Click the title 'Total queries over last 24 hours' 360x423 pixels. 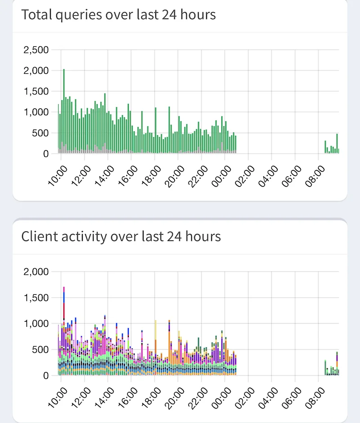point(118,15)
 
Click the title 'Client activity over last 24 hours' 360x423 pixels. point(121,236)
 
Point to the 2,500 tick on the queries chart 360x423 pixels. point(36,50)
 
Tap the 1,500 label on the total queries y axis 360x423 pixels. point(36,91)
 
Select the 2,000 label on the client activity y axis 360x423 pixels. point(36,272)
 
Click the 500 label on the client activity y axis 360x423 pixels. point(40,350)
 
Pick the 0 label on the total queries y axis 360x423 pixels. point(46,154)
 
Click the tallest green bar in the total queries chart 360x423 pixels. point(64,111)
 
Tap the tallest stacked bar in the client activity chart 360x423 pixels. point(64,331)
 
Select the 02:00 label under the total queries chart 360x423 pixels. point(245,176)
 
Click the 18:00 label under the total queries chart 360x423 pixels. point(151,176)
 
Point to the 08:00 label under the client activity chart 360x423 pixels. point(315,398)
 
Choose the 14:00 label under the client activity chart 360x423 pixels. point(104,398)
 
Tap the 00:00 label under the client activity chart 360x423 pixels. point(221,398)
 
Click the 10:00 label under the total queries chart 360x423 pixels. point(58,176)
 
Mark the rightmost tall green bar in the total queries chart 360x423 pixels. point(337,143)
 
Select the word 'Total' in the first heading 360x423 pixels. point(37,14)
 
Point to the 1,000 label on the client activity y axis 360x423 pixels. point(36,324)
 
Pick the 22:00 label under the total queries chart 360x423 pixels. point(198,176)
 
